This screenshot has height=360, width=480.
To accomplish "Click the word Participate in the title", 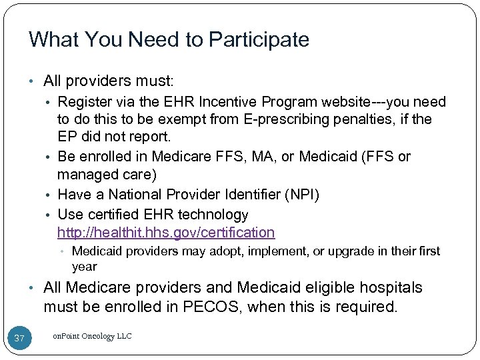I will click(x=260, y=40).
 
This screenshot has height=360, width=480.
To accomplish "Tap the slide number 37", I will click(x=20, y=339).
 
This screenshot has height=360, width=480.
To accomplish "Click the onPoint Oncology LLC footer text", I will click(x=92, y=337).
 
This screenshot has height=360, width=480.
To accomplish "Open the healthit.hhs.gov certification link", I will click(x=166, y=233).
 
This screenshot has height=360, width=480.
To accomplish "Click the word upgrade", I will click(x=335, y=251).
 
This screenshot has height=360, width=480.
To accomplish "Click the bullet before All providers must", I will click(x=34, y=82).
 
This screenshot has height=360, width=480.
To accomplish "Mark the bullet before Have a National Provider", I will click(x=50, y=195).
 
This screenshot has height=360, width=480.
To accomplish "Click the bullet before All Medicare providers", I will click(x=34, y=288).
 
